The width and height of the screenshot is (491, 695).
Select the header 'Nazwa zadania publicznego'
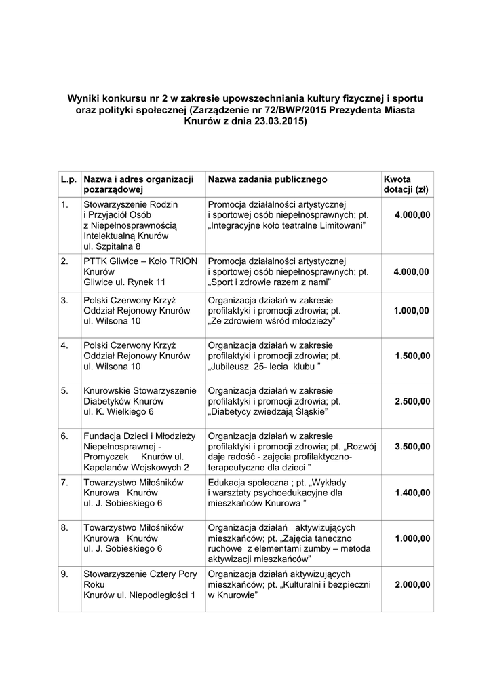click(x=267, y=179)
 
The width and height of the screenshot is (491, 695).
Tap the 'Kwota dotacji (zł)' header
click(x=406, y=185)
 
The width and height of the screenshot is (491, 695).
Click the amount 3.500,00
click(x=412, y=447)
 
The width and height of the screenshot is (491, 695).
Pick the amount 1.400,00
click(x=412, y=493)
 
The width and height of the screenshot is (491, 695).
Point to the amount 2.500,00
click(x=412, y=400)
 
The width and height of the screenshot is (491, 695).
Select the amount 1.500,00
click(x=412, y=356)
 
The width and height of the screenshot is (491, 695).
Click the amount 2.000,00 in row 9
click(x=412, y=584)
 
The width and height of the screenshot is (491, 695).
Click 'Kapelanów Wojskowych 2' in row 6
click(x=136, y=468)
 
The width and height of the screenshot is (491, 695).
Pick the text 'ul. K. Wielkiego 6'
click(x=119, y=412)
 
